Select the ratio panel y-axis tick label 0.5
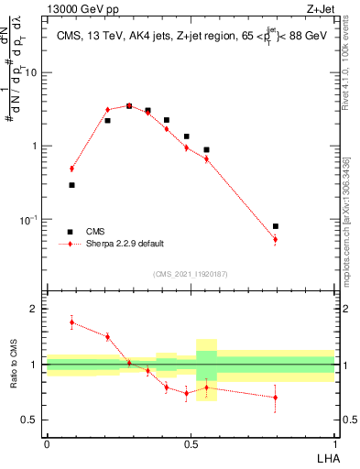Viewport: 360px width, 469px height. pyautogui.click(x=33, y=420)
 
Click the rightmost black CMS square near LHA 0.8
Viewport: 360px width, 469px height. pyautogui.click(x=276, y=225)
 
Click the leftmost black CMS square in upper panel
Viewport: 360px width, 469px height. pyautogui.click(x=71, y=185)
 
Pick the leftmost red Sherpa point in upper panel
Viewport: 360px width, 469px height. pyautogui.click(x=71, y=169)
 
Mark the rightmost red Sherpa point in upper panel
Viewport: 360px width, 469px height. pyautogui.click(x=276, y=240)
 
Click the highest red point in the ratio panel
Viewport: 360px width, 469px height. pyautogui.click(x=71, y=322)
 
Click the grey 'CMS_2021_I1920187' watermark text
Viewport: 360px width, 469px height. pyautogui.click(x=191, y=274)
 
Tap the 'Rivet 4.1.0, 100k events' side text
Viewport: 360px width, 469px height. pyautogui.click(x=351, y=92)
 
